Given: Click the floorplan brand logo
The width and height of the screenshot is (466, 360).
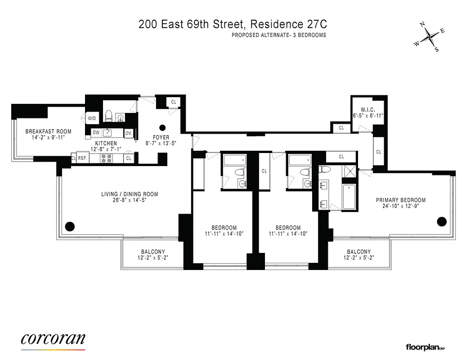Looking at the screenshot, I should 425,347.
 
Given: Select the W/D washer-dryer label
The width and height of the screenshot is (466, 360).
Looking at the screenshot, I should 92,118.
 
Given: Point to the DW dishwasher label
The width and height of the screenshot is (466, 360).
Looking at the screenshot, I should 96,132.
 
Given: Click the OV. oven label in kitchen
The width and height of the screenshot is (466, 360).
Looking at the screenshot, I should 128,133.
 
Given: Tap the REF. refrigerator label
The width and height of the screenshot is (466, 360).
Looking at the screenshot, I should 82,158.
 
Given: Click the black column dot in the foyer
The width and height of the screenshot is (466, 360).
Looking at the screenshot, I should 163,127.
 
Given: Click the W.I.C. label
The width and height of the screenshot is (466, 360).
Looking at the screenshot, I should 367,109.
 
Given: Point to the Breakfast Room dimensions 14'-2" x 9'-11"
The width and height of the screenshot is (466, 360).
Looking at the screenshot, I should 48,138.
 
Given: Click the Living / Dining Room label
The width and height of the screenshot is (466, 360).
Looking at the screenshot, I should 129,194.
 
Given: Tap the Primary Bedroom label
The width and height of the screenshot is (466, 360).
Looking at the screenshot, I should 401,200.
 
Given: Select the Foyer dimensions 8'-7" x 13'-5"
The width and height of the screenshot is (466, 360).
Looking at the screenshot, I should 161,144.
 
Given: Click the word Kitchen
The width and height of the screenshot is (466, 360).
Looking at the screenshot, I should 106,143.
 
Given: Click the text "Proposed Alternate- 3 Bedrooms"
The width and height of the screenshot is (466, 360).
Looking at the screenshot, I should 279,35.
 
